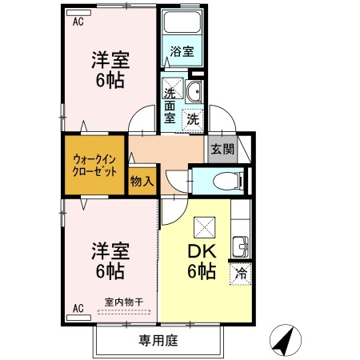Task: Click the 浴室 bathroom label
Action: click(182, 52)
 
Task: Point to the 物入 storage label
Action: click(142, 181)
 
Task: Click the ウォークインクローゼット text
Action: click(94, 165)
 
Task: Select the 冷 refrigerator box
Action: click(240, 274)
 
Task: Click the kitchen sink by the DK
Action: click(239, 246)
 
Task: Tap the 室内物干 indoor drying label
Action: click(123, 302)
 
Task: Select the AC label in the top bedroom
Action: click(78, 22)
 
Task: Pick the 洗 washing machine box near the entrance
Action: click(194, 119)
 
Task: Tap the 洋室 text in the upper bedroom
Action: click(110, 59)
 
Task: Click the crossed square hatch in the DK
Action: click(203, 226)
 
